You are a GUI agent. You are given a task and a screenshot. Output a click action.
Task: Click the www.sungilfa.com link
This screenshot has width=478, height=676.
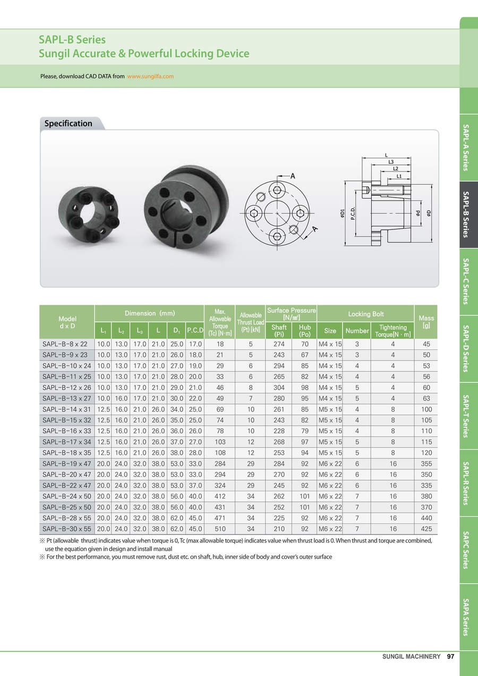tap(150, 76)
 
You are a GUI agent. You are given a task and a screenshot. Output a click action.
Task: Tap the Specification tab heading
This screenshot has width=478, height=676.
tap(68, 123)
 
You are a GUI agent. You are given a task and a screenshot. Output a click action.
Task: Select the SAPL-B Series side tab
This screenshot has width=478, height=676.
tap(468, 215)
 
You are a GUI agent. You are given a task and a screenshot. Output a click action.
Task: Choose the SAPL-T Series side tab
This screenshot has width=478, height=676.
tap(468, 416)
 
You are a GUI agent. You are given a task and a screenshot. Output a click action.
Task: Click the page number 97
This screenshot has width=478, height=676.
tap(450, 656)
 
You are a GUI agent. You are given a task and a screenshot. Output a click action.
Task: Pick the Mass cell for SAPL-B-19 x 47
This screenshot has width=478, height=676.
tap(426, 464)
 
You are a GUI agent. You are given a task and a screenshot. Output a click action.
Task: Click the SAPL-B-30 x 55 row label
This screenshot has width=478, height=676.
tap(67, 529)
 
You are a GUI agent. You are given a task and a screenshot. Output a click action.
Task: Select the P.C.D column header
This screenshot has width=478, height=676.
tap(195, 330)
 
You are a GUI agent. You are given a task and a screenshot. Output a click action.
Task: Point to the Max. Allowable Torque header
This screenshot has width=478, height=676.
tap(220, 322)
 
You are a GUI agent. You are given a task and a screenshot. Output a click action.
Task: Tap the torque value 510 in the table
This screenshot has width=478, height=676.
tap(220, 529)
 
